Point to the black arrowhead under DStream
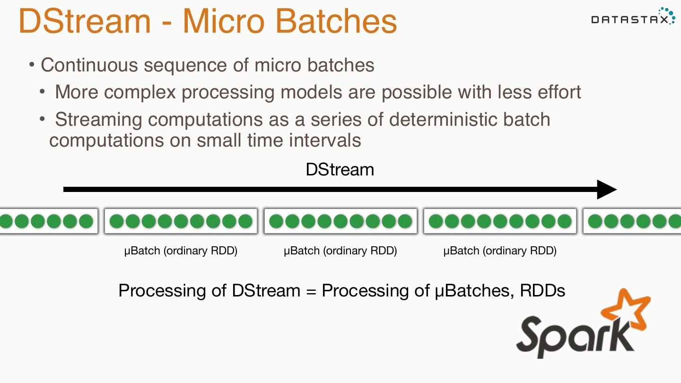pos(607,190)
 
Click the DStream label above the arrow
pos(340,169)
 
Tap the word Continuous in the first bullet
pos(88,65)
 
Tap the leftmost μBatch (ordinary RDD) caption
pos(181,251)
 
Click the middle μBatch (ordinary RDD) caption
pos(340,251)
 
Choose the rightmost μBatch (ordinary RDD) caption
pos(499,251)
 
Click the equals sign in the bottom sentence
pos(311,290)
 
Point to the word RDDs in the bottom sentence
pos(542,290)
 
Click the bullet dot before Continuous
pos(32,64)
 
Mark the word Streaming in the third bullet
pos(98,119)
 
